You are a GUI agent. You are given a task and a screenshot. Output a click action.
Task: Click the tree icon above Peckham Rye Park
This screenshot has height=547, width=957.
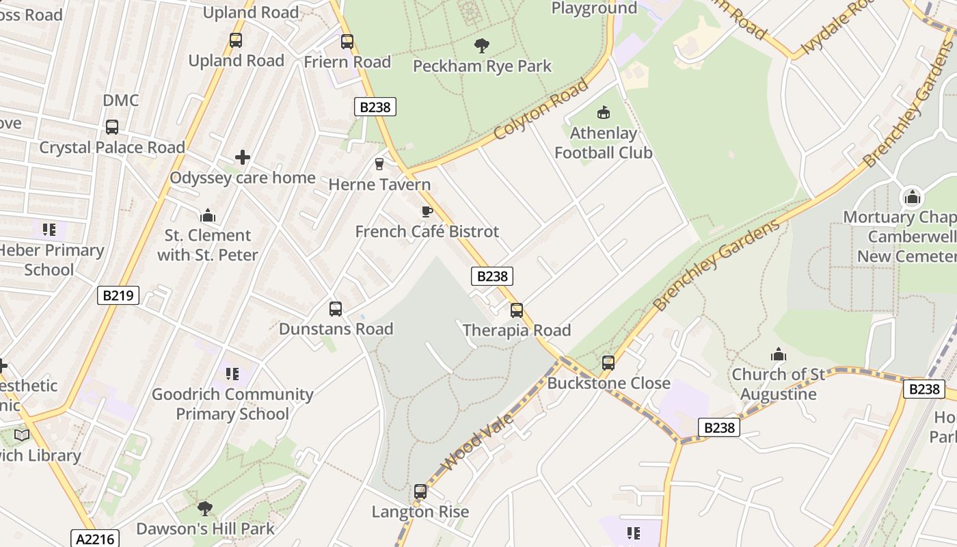coord(482,46)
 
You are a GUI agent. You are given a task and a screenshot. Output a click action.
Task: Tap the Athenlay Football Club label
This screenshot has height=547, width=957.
coord(603,143)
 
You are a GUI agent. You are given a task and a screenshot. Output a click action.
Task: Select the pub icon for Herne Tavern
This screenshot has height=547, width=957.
coord(379,164)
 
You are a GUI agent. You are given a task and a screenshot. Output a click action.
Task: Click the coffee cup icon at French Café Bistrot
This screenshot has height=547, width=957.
coord(427,211)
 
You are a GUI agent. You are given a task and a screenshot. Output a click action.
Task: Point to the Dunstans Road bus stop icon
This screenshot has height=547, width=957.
coord(336,309)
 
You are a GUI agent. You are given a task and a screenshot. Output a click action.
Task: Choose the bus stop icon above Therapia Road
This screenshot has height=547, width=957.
coord(517,310)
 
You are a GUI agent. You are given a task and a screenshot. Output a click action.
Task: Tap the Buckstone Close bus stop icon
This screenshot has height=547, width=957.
coord(608,363)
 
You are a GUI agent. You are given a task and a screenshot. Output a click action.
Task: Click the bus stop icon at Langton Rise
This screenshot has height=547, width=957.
coord(420,492)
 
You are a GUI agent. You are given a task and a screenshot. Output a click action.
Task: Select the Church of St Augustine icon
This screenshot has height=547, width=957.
coord(778,354)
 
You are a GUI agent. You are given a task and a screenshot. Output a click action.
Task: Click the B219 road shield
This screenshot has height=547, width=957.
coord(118,295)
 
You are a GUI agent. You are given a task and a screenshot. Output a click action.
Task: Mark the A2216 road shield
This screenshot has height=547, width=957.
coord(95,539)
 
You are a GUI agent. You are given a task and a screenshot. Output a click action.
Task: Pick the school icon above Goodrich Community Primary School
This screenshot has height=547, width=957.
coord(232,374)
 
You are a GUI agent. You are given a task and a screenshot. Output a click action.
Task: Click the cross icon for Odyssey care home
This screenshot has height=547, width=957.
coord(243,158)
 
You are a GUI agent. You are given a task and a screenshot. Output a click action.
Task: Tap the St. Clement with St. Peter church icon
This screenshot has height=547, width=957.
coord(208,216)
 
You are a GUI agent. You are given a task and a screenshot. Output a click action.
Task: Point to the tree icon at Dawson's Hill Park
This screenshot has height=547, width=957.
coord(204,508)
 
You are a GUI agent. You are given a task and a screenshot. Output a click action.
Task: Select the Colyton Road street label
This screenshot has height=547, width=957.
coord(540,109)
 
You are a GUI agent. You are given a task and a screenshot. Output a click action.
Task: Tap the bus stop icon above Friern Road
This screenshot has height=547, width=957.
coord(347,41)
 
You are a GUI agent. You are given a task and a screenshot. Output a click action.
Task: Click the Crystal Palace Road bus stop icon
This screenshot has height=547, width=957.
coord(112,127)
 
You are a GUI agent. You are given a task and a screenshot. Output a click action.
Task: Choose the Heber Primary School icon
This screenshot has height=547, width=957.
coord(49,230)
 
